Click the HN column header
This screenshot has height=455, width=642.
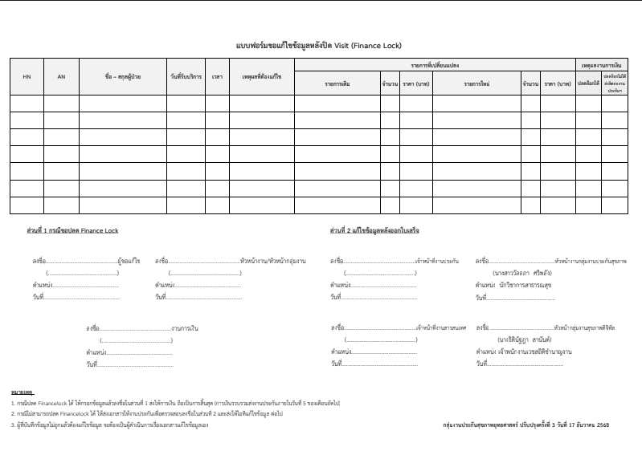pos(27,76)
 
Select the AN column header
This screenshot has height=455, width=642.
pos(61,76)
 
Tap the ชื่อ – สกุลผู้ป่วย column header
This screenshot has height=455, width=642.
pos(123,76)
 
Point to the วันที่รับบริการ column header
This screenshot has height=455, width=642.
pos(186,76)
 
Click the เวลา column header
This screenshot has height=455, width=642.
pos(217,76)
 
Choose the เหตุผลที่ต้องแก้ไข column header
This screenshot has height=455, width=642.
pos(262,76)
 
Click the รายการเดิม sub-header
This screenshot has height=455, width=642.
pos(337,83)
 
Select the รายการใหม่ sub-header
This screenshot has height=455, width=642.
pos(476,83)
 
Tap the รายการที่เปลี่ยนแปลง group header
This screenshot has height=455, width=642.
pos(434,63)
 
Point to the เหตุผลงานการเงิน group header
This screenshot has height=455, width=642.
pos(604,63)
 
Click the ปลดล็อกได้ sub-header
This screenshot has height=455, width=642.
pos(588,83)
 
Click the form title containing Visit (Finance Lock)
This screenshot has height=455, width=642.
pos(320,45)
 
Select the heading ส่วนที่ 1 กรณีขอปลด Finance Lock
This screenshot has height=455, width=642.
pos(73,230)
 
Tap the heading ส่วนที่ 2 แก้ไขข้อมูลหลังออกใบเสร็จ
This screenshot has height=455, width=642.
pos(374,230)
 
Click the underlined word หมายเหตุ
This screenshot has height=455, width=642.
pos(21,390)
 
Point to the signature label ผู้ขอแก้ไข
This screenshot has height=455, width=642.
pos(129,261)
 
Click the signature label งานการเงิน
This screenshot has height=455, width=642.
pos(186,328)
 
